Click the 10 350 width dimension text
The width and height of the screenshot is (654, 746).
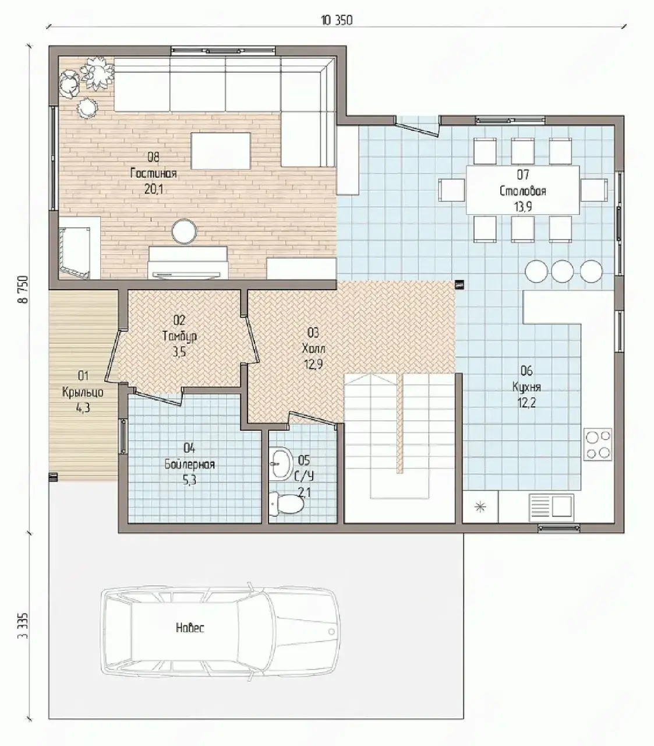pos(337,20)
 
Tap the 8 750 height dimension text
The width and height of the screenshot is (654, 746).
pos(23,290)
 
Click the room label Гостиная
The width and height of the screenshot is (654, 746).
pos(154,174)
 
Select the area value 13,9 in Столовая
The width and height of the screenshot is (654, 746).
pos(523,207)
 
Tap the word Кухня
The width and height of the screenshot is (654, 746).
pos(526,387)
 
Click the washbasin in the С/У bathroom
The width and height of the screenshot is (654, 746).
pos(280,464)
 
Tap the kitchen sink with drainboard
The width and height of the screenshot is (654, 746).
pos(552,508)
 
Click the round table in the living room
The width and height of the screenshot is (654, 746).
pos(185,231)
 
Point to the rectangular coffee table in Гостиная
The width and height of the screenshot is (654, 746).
pos(221,151)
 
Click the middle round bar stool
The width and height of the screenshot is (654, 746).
pos(562,272)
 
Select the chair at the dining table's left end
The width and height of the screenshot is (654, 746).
pos(451,190)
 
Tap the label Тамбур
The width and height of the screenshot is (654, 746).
pos(179,336)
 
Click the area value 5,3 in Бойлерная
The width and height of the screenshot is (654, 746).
pos(189,480)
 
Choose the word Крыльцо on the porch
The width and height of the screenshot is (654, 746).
pos(83,392)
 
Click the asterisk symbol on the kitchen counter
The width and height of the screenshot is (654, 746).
pos(480,508)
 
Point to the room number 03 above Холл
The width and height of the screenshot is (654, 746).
pos(313,333)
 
